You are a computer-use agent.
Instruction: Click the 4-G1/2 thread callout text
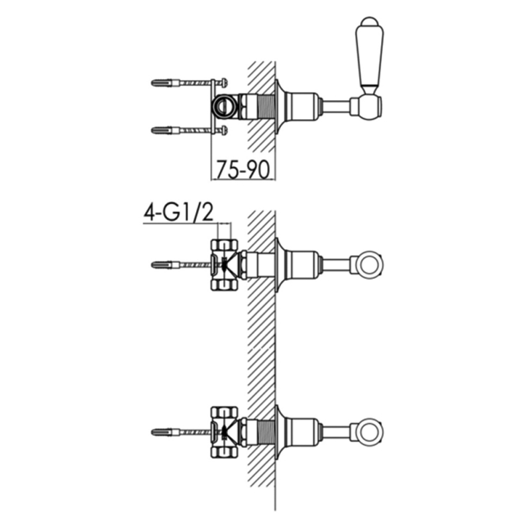179,213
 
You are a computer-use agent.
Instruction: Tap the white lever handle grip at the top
370,57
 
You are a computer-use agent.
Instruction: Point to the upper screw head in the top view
223,81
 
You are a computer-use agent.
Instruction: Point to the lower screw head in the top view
223,129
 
